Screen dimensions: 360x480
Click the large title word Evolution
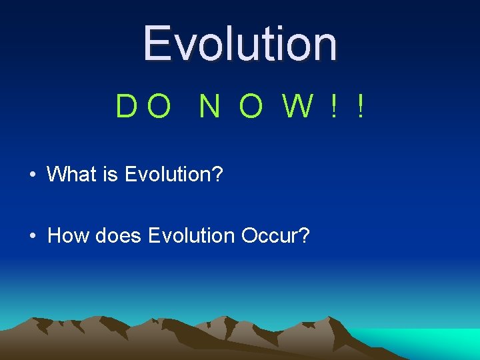240,43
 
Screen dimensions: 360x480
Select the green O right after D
159,107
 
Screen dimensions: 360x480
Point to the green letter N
209,107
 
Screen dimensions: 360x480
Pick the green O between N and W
251,107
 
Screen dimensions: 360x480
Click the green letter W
297,107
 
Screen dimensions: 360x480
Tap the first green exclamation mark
333,107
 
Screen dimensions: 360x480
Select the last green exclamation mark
360,107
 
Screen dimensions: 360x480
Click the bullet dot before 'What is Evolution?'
32,175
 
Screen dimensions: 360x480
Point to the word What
73,175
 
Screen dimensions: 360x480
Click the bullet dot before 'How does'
32,236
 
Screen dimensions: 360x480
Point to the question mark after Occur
304,235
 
